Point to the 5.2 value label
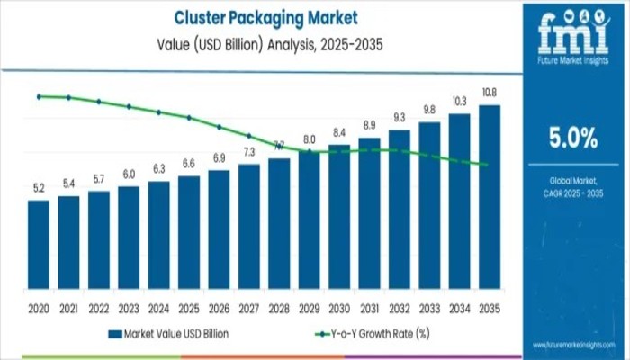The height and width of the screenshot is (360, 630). [39, 188]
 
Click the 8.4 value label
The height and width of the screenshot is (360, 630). [339, 133]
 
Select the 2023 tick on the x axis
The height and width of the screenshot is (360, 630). [129, 307]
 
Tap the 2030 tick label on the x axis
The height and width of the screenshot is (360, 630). [339, 307]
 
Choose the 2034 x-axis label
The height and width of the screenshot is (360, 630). [460, 307]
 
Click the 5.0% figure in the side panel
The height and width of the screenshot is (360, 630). [573, 138]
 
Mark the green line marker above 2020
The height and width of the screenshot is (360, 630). [39, 96]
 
